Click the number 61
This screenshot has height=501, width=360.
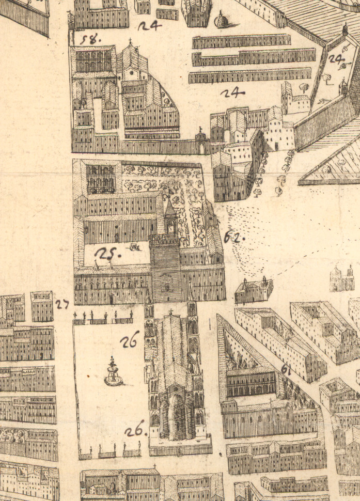tap(286, 369)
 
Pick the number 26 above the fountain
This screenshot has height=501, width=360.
tap(129, 340)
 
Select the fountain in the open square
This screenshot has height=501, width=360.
tap(113, 373)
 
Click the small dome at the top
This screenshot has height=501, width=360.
tap(221, 21)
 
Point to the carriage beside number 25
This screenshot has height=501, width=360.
tap(136, 247)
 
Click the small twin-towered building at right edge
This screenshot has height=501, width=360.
tap(342, 278)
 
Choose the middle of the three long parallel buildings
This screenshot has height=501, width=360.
tap(253, 57)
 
